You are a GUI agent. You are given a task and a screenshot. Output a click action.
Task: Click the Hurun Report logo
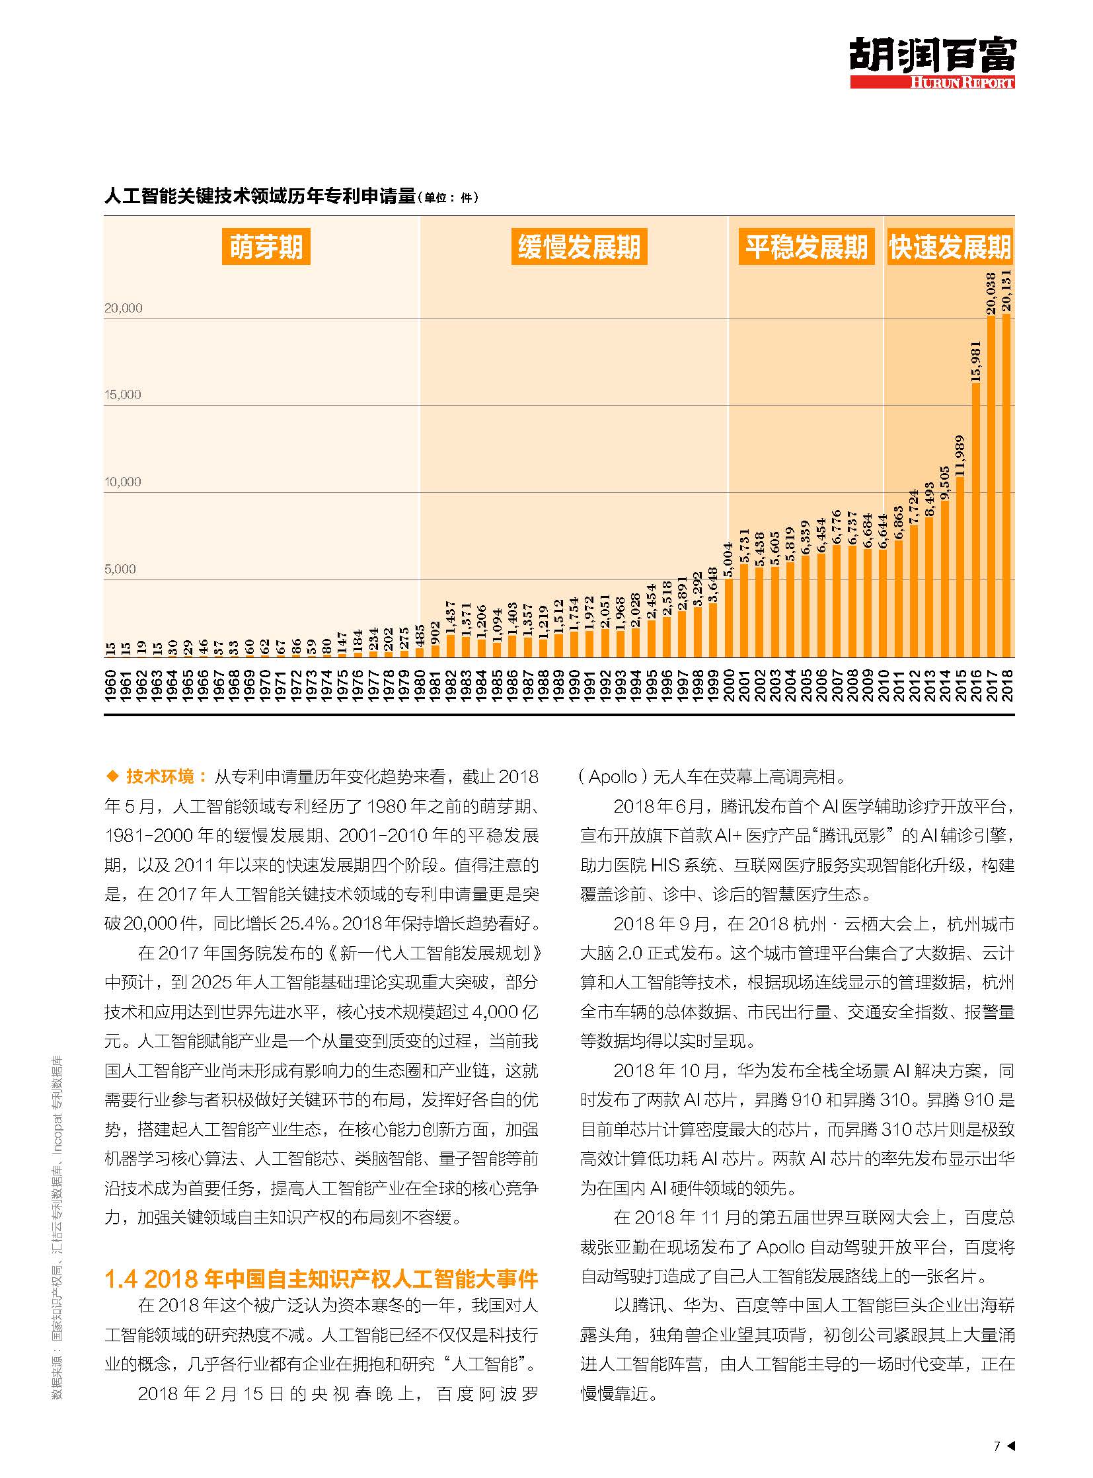tap(932, 63)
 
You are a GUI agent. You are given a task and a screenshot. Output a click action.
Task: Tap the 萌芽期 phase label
tap(266, 247)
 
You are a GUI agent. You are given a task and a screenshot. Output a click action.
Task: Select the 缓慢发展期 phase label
tap(579, 247)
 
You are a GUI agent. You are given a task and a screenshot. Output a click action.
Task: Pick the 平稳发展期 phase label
tap(806, 247)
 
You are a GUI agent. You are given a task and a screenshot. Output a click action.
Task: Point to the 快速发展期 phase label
tap(950, 247)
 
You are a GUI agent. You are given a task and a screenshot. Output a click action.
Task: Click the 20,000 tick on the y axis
tap(123, 309)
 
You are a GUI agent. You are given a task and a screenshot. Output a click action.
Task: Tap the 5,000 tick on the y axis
tap(120, 569)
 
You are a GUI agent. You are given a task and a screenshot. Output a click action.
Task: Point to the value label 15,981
tap(976, 361)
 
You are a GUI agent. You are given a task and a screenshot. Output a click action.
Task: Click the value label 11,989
tap(960, 456)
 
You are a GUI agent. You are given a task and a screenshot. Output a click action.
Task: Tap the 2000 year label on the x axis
tap(729, 685)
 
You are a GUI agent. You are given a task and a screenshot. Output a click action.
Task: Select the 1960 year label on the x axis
tap(110, 685)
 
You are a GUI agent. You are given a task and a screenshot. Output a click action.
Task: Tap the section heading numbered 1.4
tap(321, 1279)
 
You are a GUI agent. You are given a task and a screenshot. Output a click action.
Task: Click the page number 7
tap(997, 1446)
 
